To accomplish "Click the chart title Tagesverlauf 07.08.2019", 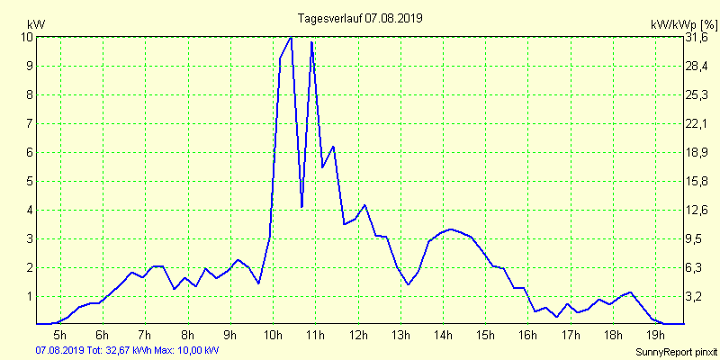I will pos(360,18).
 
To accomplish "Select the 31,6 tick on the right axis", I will pos(697,37).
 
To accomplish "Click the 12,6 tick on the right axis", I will pos(697,210).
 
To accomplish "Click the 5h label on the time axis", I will pos(60,335).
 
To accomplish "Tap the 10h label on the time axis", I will pos(273,335).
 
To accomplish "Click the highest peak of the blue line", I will pos(291,38).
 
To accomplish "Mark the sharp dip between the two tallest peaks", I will pos(301,206).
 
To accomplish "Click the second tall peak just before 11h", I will pos(311,42).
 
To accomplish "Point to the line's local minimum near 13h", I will pos(408,284).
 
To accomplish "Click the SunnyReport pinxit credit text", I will pos(676,350).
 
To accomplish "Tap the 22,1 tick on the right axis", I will pos(697,123).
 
